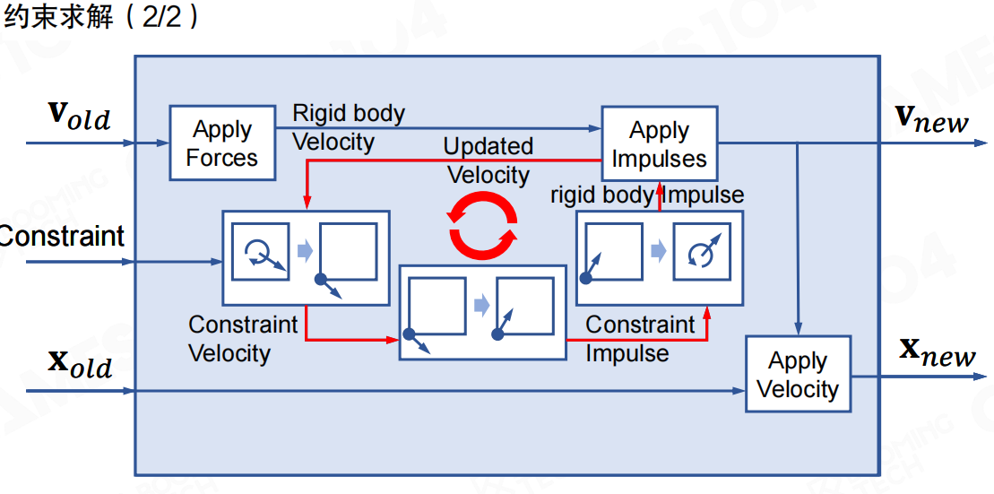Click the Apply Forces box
[222, 143]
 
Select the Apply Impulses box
[659, 144]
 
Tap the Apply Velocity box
[798, 374]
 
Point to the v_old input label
[79, 116]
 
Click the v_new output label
[933, 118]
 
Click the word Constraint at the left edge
[61, 236]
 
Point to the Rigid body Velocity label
[349, 127]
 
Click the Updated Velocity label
[488, 160]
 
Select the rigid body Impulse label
[647, 195]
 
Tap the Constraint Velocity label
[243, 338]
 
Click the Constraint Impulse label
[640, 338]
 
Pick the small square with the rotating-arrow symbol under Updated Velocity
[260, 251]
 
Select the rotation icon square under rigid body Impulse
[702, 252]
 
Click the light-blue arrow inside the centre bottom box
[482, 306]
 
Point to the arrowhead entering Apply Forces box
[164, 143]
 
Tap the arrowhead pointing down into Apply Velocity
[798, 330]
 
